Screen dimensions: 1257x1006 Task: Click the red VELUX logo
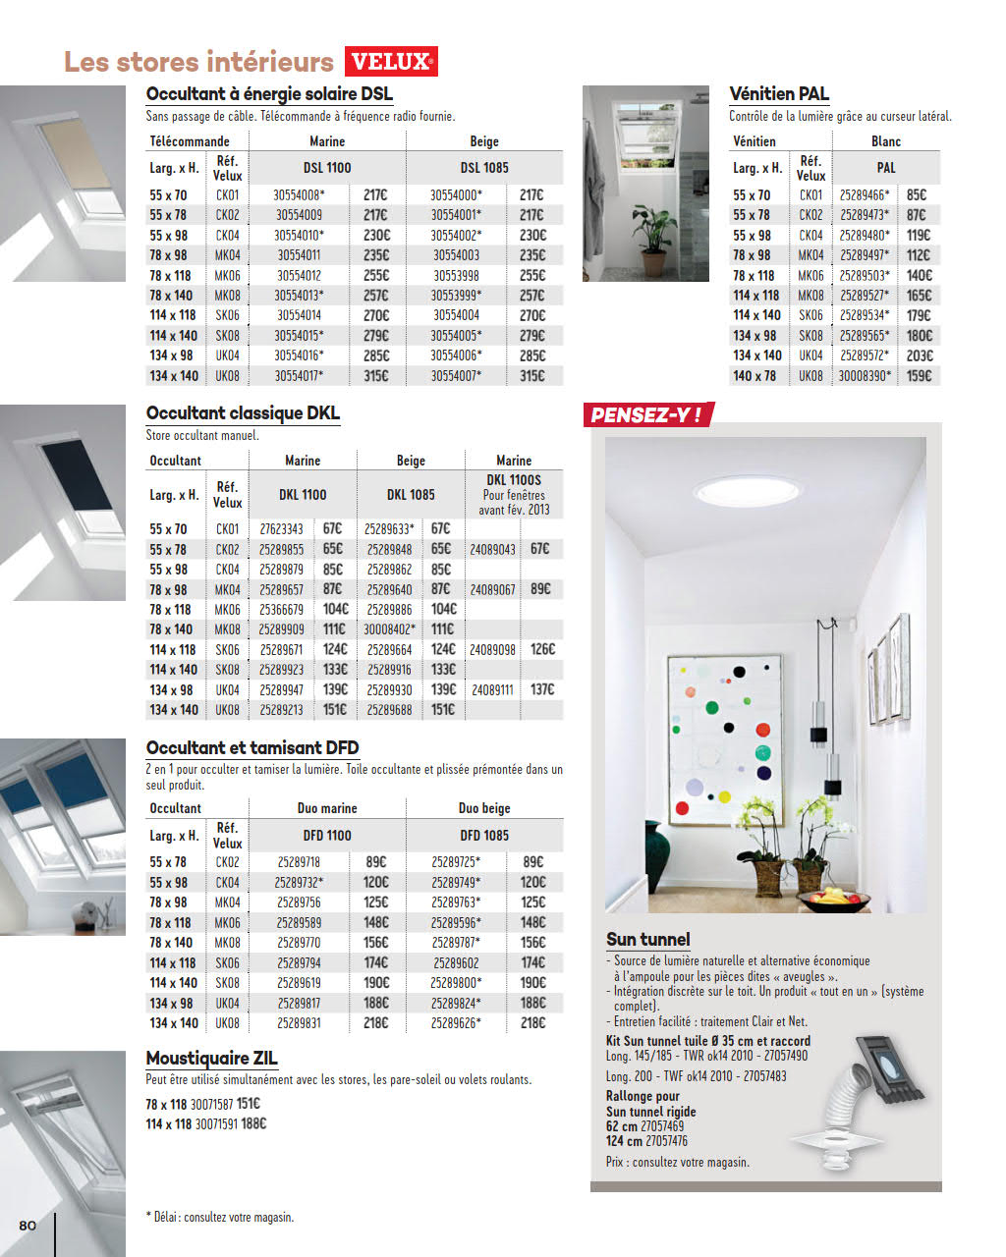click(x=391, y=62)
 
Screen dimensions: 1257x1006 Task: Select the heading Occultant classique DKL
click(x=243, y=413)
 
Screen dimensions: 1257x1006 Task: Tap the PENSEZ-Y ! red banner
click(x=646, y=415)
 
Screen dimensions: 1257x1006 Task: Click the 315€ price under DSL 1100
click(x=375, y=376)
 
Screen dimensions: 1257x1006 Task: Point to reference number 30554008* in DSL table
click(x=299, y=195)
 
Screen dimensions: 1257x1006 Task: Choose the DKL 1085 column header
click(x=411, y=495)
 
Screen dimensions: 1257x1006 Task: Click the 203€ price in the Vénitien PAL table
click(x=920, y=355)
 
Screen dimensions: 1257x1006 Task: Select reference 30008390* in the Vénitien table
click(x=865, y=376)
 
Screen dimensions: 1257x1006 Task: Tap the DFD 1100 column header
click(x=327, y=836)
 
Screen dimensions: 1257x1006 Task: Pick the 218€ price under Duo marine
click(x=375, y=1023)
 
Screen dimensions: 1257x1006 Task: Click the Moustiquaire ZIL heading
click(x=211, y=1059)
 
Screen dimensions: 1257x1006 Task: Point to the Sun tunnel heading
click(x=648, y=940)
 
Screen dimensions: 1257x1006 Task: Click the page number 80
click(x=28, y=1225)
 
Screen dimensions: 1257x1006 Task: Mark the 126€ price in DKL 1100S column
click(x=542, y=649)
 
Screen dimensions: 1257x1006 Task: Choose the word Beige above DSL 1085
click(x=484, y=141)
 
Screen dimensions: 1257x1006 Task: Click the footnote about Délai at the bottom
click(x=220, y=1218)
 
